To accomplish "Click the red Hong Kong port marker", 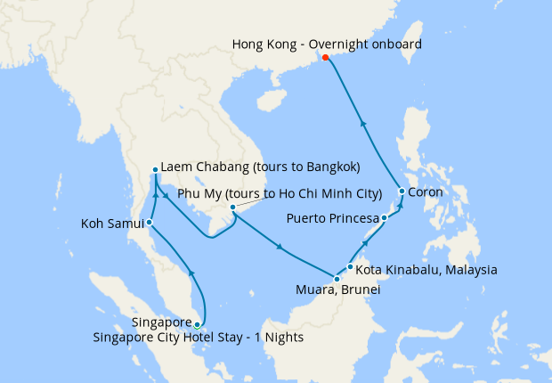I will pyautogui.click(x=325, y=57).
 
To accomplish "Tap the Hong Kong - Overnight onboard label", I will pyautogui.click(x=326, y=43).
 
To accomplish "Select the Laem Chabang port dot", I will pyautogui.click(x=155, y=169).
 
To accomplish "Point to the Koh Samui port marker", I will pyautogui.click(x=150, y=223).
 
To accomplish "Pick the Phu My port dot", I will pyautogui.click(x=232, y=208).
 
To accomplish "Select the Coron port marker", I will pyautogui.click(x=402, y=191).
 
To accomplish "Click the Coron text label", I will pyautogui.click(x=426, y=191).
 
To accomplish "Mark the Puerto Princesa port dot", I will pyautogui.click(x=384, y=218).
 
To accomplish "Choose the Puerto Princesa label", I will pyautogui.click(x=332, y=218).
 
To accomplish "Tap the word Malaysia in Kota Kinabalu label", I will pyautogui.click(x=469, y=269).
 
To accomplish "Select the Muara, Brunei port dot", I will pyautogui.click(x=337, y=280).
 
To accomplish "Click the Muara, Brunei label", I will pyautogui.click(x=337, y=290).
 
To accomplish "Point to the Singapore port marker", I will pyautogui.click(x=197, y=325).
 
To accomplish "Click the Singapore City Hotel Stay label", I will pyautogui.click(x=199, y=337).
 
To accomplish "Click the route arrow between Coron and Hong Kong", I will pyautogui.click(x=362, y=122).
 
